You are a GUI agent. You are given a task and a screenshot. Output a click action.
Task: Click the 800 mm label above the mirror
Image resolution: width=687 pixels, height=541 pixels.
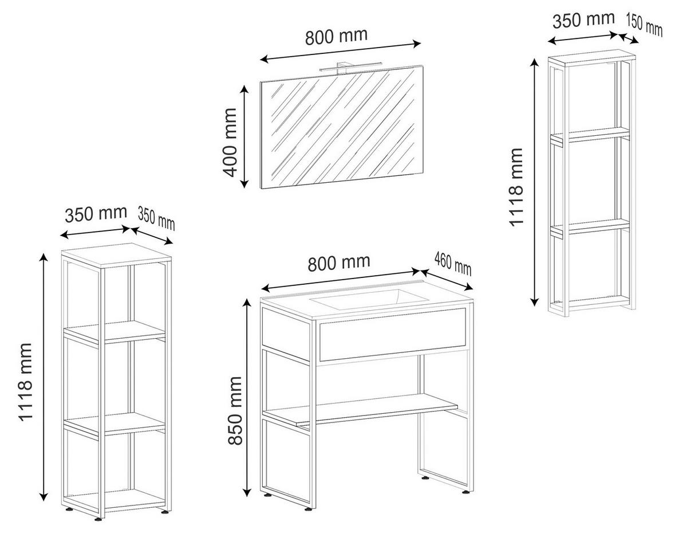tap(336, 37)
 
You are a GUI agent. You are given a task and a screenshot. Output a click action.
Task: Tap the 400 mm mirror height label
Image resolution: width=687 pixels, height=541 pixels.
tap(229, 143)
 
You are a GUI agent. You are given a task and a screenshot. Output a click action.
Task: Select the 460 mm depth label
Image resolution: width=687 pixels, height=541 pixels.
tap(453, 264)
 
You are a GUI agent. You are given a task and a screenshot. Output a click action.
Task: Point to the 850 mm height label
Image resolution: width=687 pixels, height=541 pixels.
tap(235, 410)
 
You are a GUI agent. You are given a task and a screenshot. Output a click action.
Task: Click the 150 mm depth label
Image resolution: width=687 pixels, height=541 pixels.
tap(644, 25)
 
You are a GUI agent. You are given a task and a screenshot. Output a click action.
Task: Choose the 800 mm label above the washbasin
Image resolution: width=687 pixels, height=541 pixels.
tap(339, 262)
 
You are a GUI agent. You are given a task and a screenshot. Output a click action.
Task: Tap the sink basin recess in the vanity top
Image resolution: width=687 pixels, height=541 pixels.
tap(369, 299)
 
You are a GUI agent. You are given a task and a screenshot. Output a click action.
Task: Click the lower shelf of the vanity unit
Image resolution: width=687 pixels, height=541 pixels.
tap(361, 410)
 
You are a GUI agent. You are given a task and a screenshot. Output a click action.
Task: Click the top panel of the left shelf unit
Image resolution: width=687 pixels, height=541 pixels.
tap(116, 256)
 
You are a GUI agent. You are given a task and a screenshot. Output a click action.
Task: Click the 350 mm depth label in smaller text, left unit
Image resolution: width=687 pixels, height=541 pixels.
tap(156, 218)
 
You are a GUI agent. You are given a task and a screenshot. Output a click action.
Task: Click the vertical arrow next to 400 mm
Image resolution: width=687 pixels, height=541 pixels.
tap(244, 137)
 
